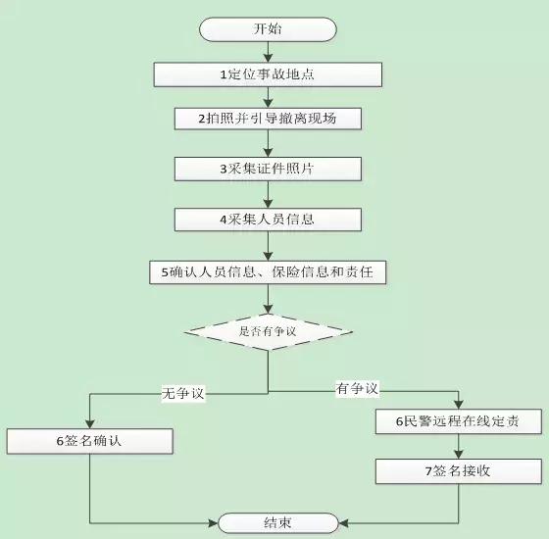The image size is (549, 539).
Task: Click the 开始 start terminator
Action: [x=268, y=29]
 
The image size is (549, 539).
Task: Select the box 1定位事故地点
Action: [x=268, y=73]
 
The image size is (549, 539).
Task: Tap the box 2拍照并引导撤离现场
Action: [x=268, y=119]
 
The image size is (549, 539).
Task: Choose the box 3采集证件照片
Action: [x=268, y=169]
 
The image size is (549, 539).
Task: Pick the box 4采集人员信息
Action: [x=268, y=219]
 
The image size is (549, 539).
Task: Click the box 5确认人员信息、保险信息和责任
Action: [x=268, y=273]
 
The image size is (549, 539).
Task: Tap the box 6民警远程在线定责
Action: [x=457, y=422]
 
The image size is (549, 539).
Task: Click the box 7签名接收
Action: [x=457, y=471]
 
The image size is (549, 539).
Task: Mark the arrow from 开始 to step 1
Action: [x=268, y=52]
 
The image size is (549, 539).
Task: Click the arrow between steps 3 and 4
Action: [x=268, y=194]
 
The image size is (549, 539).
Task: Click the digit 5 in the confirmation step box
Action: [x=166, y=273]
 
